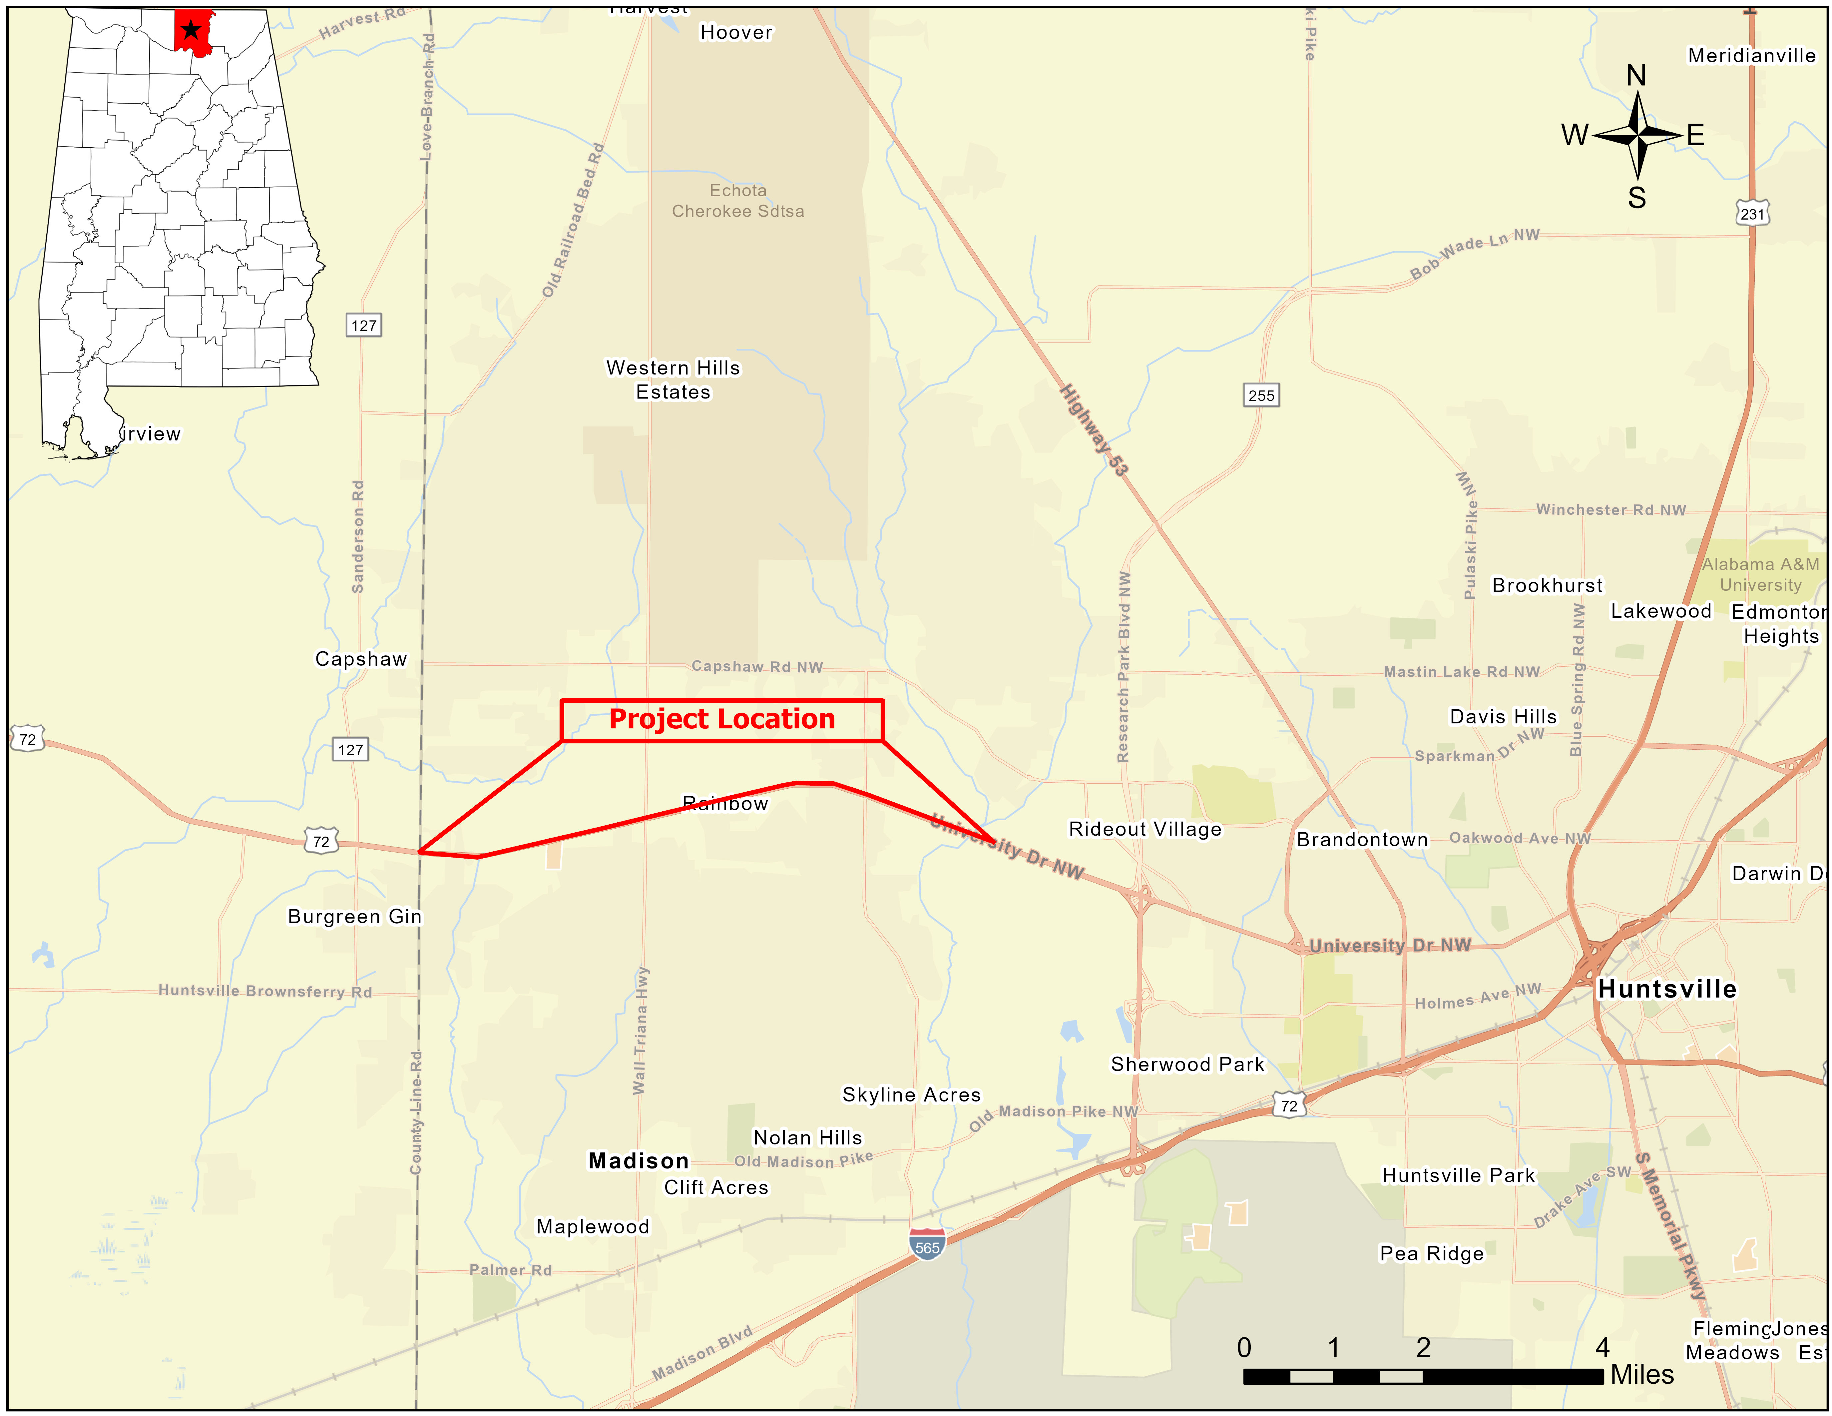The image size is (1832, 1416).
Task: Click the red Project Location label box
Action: pyautogui.click(x=721, y=720)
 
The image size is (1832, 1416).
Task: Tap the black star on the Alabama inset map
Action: pyautogui.click(x=191, y=30)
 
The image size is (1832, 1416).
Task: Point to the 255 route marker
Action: pyautogui.click(x=1261, y=395)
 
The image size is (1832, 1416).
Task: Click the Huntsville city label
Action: pyautogui.click(x=1667, y=989)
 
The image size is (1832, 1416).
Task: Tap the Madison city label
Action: pyautogui.click(x=638, y=1161)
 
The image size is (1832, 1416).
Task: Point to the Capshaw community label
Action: pyautogui.click(x=361, y=659)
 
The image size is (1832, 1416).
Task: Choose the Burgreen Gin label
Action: pyautogui.click(x=355, y=916)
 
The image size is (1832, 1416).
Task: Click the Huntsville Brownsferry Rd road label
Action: pyautogui.click(x=265, y=991)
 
